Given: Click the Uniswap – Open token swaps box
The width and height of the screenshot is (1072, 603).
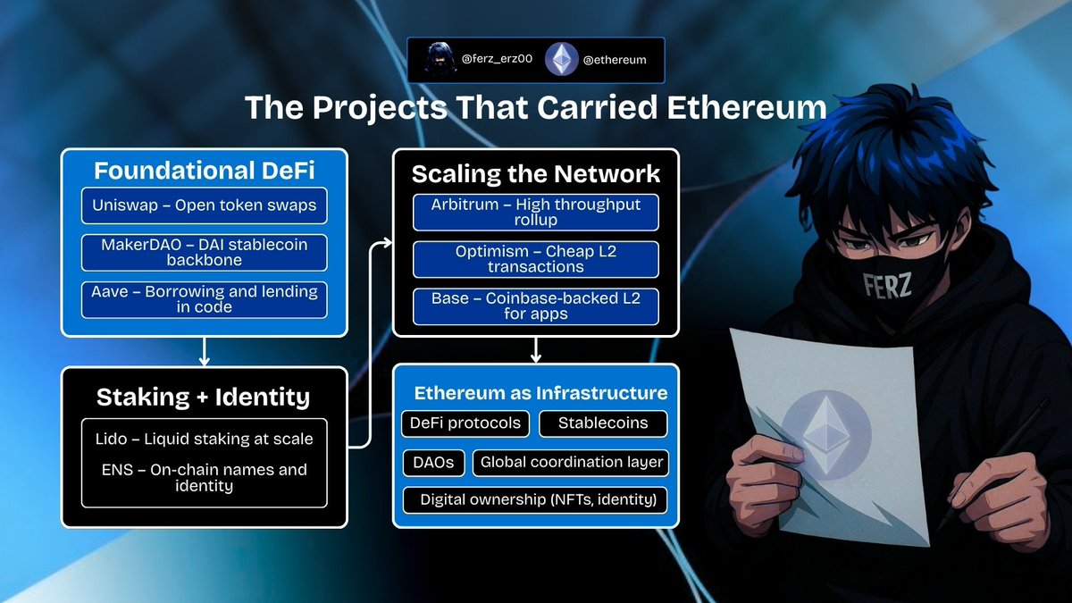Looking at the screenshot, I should (204, 206).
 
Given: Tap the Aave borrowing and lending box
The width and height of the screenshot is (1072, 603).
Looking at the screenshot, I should (204, 300).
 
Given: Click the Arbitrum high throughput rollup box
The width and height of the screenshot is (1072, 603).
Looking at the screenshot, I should (536, 212).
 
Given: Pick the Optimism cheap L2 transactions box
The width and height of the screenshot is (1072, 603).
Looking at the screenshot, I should (536, 259).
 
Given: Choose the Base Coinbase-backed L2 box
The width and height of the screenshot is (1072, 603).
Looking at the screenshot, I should (536, 306).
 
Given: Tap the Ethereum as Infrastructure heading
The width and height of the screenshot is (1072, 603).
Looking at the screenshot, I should (540, 393).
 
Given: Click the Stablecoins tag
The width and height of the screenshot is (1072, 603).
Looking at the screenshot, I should (603, 423).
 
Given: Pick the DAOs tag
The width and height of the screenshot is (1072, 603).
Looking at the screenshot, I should (433, 462).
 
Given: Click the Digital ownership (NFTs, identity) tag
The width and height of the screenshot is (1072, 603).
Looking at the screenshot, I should (537, 500).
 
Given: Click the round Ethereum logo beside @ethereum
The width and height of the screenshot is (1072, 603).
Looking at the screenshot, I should (562, 60).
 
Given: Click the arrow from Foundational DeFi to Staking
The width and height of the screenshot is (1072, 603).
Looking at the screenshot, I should (204, 351).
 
